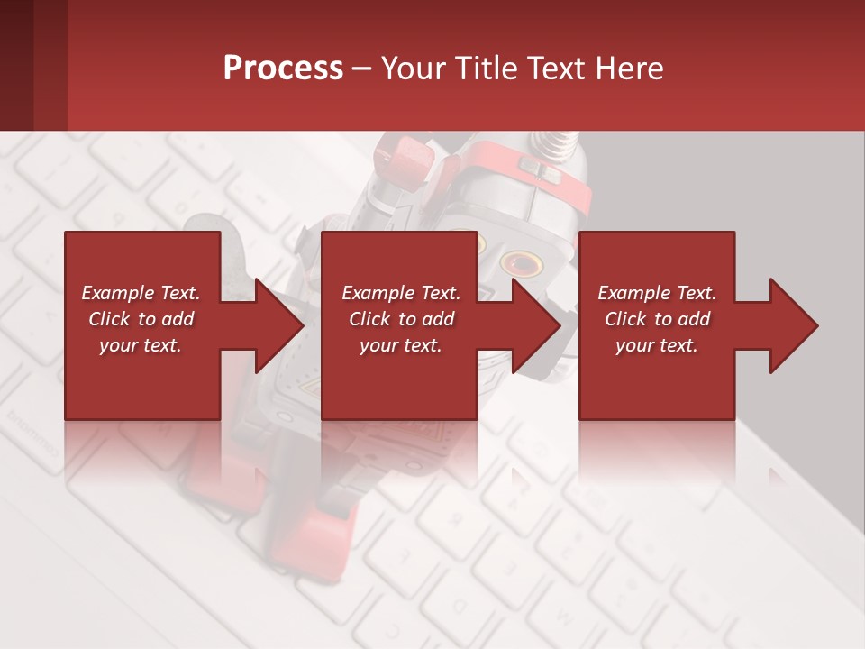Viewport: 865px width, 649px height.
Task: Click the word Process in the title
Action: click(x=283, y=69)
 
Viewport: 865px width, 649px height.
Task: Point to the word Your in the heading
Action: click(x=411, y=69)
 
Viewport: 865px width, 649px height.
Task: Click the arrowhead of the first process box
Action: click(x=275, y=325)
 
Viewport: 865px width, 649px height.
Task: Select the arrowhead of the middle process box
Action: click(x=533, y=325)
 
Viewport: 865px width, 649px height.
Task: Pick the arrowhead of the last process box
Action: click(x=789, y=325)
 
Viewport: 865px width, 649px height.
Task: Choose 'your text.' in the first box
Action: click(x=141, y=345)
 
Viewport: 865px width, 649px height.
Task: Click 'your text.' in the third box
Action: click(x=657, y=345)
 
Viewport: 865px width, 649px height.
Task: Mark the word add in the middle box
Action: click(x=437, y=319)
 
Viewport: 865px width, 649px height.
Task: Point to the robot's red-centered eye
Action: click(x=522, y=263)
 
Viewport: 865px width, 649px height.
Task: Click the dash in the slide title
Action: click(x=361, y=69)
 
